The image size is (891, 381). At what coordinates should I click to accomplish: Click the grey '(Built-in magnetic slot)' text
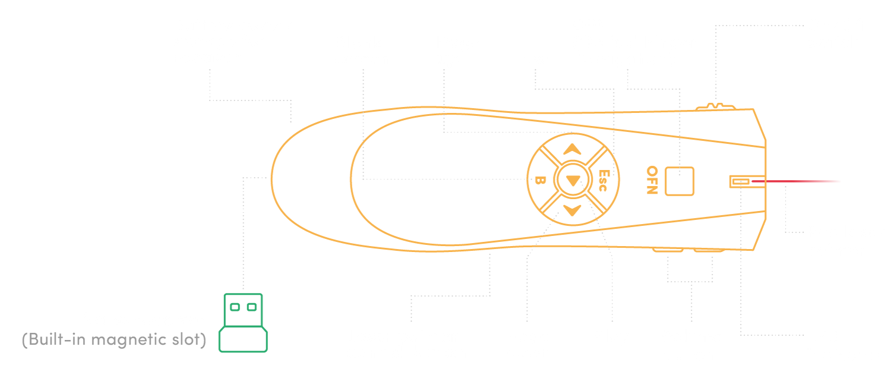point(113,341)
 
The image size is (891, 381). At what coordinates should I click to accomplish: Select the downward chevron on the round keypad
point(572,210)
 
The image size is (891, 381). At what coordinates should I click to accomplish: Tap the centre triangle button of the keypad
point(572,180)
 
